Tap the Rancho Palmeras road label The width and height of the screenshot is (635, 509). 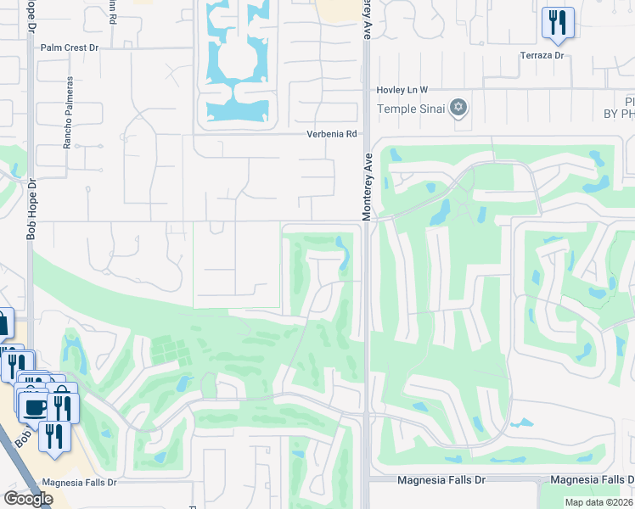[x=67, y=114]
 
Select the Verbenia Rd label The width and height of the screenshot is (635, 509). [x=332, y=134]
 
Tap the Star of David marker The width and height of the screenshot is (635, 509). [x=458, y=107]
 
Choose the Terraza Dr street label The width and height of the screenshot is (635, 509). [x=542, y=55]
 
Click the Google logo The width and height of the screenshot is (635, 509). [x=28, y=499]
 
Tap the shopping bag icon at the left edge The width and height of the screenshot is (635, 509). [x=3, y=322]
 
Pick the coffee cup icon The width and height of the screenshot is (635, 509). [x=34, y=407]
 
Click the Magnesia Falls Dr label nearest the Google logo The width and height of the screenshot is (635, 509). [x=78, y=482]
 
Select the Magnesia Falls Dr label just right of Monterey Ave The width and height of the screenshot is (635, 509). [x=441, y=480]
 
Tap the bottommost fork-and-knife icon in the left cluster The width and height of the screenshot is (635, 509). [x=55, y=436]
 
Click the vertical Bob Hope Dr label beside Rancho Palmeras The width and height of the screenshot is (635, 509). [x=31, y=209]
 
